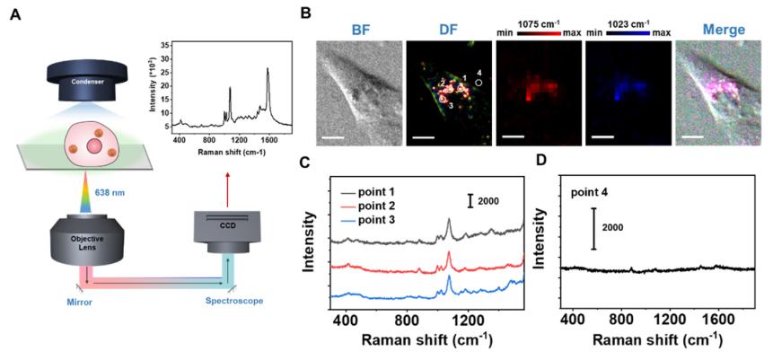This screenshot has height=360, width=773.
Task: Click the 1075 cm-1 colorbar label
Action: (x=537, y=17)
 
